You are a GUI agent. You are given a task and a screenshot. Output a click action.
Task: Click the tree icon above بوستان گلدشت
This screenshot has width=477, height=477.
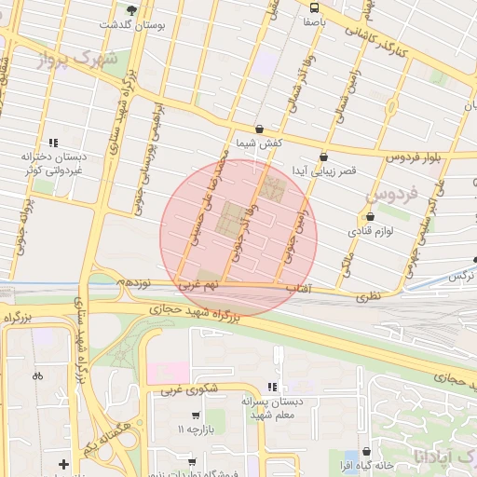(x=131, y=10)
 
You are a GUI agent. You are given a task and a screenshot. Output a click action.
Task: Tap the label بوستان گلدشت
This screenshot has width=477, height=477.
(x=130, y=25)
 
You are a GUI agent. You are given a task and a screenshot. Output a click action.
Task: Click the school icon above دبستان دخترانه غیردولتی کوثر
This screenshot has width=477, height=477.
(x=53, y=143)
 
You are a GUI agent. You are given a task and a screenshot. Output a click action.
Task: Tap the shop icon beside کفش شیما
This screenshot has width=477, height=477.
(x=259, y=129)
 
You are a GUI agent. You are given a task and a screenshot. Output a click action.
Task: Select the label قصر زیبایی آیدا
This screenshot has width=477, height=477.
(x=321, y=171)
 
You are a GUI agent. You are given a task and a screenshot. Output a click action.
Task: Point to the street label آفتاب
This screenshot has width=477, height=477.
(x=296, y=290)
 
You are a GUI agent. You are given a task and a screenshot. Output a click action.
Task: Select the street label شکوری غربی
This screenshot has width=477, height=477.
(x=185, y=392)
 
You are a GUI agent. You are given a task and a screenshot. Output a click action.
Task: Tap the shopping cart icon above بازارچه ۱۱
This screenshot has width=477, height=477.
(x=195, y=416)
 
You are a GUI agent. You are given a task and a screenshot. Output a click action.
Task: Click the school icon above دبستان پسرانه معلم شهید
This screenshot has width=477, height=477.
(x=271, y=386)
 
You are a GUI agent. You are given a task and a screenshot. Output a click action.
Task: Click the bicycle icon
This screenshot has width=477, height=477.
(x=37, y=376)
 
